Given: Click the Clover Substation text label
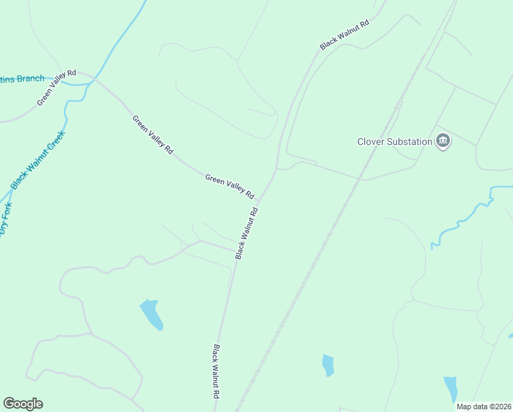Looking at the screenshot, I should pos(394,142).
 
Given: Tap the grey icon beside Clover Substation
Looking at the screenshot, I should pos(443,142).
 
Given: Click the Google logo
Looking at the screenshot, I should pos(23,404).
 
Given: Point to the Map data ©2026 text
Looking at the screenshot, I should pos(484,407).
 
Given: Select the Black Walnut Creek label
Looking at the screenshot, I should pos(38,159).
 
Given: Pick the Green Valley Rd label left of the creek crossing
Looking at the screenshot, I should pos(56,87).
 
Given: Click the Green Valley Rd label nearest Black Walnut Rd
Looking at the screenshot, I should pos(230,186).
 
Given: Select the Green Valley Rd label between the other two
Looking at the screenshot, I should pos(153,134).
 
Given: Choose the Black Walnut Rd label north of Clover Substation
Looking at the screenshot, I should pos(344,34).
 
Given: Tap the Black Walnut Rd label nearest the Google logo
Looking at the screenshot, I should pos(216,371).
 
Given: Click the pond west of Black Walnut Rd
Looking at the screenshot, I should pos(152,314).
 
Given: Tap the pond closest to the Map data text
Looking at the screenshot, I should pos(451,389).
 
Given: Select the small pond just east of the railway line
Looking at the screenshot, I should pos(328,365).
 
